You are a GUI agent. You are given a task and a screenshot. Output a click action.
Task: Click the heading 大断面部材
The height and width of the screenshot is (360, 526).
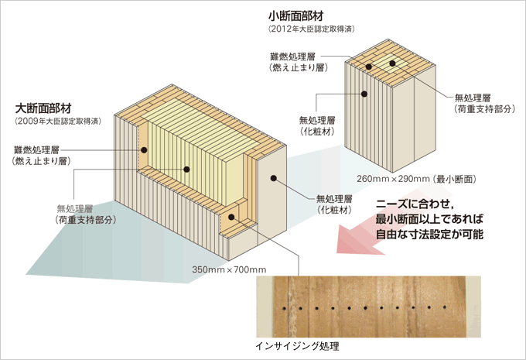coord(43,108)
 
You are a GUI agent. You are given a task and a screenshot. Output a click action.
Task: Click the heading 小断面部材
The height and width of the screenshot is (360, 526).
coord(297,15)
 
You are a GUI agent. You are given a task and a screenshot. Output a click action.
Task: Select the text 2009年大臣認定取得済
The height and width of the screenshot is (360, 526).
coord(53,122)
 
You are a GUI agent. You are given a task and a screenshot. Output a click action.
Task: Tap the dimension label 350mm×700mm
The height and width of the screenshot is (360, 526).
coord(228,269)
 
